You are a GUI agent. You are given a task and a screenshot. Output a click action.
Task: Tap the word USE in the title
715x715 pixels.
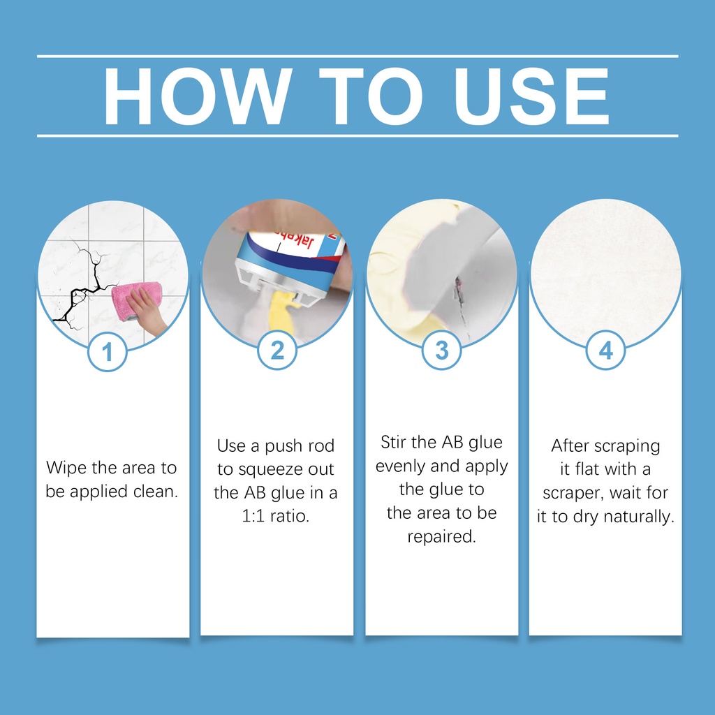click(x=531, y=96)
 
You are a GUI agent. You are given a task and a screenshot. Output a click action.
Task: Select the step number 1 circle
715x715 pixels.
click(x=107, y=352)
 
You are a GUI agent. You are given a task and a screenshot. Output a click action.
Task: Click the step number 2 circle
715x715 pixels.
click(x=277, y=351)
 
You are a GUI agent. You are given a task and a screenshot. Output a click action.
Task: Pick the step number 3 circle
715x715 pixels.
click(x=441, y=351)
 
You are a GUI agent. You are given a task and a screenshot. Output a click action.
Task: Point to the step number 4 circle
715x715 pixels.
click(x=605, y=351)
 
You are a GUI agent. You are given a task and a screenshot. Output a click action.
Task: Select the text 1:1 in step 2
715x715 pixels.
click(x=252, y=516)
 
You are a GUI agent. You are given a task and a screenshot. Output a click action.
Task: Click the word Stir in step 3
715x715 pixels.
click(x=393, y=442)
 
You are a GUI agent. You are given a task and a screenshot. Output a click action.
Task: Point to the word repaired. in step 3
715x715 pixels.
click(x=441, y=537)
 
